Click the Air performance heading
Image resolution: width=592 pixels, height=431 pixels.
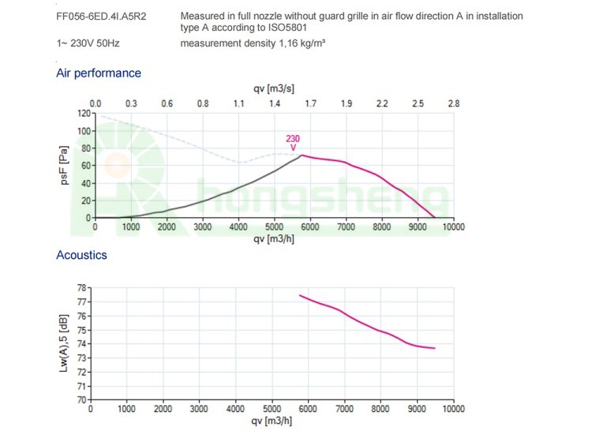click(x=99, y=73)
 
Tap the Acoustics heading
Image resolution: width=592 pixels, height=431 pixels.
click(x=81, y=255)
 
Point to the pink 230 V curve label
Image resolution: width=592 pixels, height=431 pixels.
click(x=293, y=143)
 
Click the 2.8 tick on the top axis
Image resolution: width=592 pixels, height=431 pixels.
click(x=453, y=103)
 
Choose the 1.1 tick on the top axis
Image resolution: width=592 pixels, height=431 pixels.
click(x=239, y=103)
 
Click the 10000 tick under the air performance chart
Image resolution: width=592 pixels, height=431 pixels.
click(x=452, y=227)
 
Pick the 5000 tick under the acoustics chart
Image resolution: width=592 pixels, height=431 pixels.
click(x=272, y=410)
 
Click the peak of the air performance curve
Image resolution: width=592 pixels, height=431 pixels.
click(x=301, y=155)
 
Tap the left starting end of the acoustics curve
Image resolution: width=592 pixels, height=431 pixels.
click(x=300, y=295)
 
